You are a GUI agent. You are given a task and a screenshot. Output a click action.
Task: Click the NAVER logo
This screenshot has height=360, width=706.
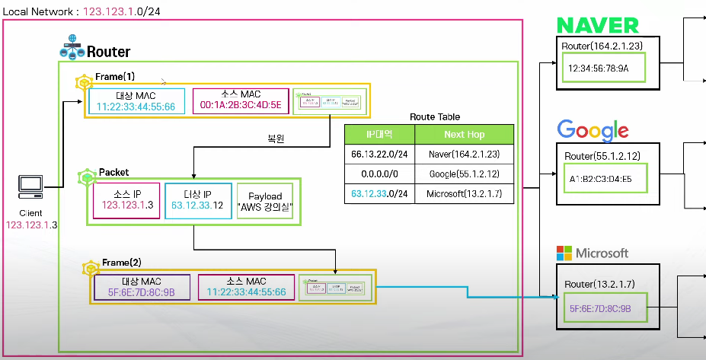coord(597,25)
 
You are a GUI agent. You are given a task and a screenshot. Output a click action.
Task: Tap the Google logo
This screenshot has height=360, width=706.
coord(593,130)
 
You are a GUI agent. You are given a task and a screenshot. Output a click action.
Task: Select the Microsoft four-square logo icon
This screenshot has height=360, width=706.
coord(564,253)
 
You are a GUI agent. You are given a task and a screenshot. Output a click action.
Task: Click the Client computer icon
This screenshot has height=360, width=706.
coord(30,185)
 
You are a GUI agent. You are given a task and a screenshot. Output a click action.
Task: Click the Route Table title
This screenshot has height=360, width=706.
coord(434,117)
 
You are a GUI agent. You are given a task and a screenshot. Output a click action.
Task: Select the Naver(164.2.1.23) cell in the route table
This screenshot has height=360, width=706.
coord(464,154)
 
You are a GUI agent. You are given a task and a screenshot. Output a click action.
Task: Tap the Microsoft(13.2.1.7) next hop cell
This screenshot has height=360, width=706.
coord(464,193)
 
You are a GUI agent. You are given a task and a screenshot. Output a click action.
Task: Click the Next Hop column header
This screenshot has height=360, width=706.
coord(464,134)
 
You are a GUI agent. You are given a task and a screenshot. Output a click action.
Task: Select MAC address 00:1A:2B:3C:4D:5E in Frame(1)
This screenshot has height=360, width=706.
coord(240,106)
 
